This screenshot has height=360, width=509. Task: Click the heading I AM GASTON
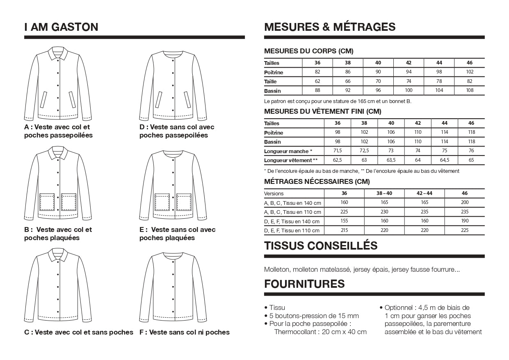point(61,27)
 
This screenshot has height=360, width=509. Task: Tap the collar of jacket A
point(58,53)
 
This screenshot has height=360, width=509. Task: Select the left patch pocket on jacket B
point(47,202)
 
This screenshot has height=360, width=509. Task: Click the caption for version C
point(79,332)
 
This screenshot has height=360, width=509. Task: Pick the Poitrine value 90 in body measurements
point(378,72)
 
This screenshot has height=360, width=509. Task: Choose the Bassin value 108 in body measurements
point(469,90)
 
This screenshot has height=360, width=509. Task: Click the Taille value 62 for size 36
point(317,81)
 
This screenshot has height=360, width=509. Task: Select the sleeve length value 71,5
point(337,151)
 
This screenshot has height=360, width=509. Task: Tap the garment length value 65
point(471,160)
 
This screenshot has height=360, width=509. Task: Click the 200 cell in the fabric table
point(464,202)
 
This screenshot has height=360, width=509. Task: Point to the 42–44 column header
point(424,193)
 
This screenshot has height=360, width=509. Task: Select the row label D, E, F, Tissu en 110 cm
point(292,230)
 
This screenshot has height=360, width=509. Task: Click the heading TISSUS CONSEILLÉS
point(321,246)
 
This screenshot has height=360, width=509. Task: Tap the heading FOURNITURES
point(304,284)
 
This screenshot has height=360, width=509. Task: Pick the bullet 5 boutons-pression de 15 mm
point(314,316)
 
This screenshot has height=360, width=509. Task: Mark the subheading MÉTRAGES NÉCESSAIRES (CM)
point(317,181)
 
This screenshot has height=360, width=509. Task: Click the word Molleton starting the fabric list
point(277,270)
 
